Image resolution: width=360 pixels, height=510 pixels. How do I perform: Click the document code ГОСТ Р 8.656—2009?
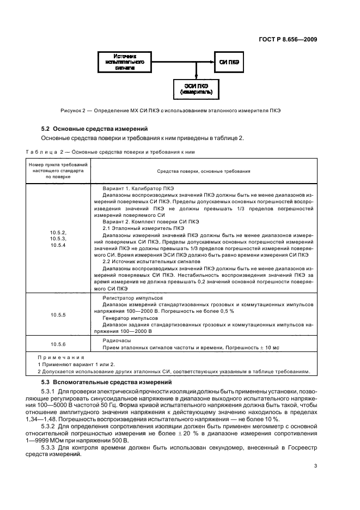287,39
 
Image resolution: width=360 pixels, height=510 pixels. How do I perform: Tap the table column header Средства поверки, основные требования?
196,171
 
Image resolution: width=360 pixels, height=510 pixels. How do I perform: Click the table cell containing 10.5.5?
58,315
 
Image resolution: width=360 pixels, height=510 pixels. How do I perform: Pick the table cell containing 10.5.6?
58,344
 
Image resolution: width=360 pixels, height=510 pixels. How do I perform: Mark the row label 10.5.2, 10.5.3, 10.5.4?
58,239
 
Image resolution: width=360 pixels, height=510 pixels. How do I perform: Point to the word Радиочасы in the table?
114,338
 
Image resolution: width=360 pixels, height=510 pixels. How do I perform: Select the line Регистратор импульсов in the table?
129,299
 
